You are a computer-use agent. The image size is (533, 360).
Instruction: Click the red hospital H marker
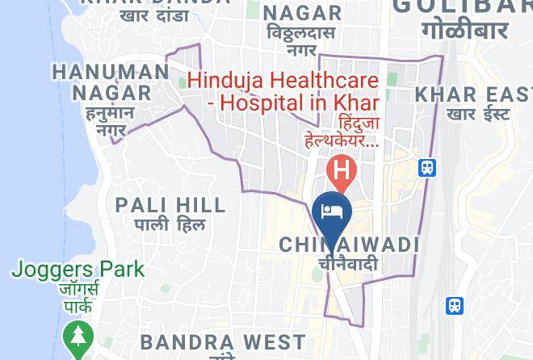342,171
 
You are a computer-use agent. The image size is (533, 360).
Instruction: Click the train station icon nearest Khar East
427,168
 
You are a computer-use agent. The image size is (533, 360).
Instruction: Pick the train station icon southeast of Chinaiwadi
455,306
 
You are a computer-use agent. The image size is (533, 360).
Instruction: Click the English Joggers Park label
78,269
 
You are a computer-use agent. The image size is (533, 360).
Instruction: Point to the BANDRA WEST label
222,342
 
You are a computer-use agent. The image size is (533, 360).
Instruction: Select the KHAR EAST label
473,94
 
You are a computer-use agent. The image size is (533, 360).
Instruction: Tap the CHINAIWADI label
349,244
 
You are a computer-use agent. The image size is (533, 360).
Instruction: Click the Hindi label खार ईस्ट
478,114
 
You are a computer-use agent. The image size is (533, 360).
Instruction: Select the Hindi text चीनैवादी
348,263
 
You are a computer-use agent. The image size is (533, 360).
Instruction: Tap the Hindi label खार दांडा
154,15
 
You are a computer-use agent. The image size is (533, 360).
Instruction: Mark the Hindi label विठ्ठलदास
302,32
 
